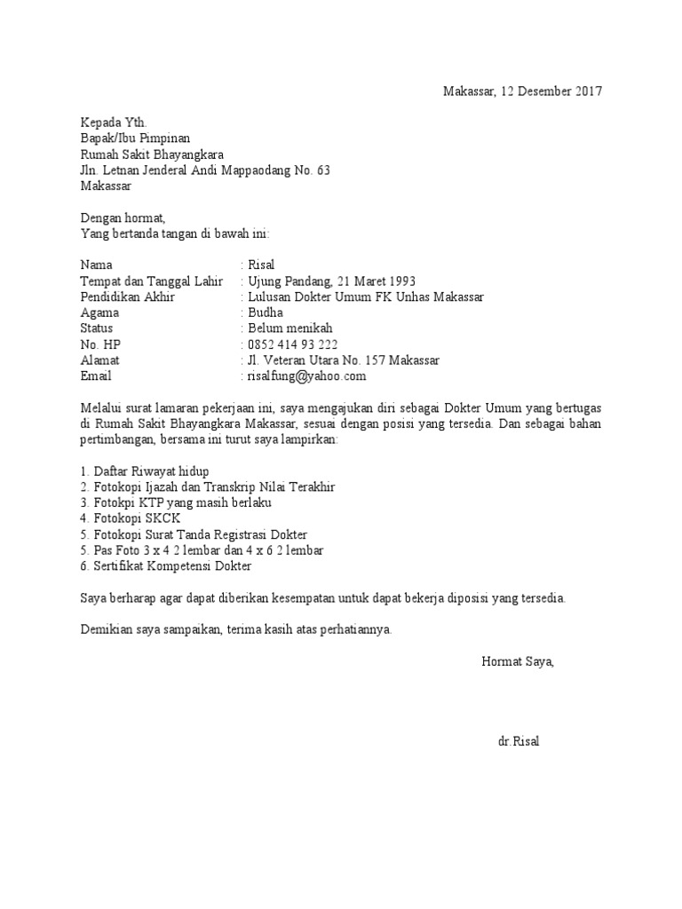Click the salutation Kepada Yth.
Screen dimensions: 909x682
[110, 123]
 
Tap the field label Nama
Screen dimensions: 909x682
[97, 265]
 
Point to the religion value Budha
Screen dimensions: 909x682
[266, 312]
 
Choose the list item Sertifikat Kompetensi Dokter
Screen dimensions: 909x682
[166, 566]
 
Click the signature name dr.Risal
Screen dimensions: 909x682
[519, 741]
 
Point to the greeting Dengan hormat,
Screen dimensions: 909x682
[123, 217]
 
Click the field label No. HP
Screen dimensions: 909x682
[99, 344]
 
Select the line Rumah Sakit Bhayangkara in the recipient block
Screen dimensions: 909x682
[152, 154]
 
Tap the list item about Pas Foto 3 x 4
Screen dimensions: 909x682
[202, 550]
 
